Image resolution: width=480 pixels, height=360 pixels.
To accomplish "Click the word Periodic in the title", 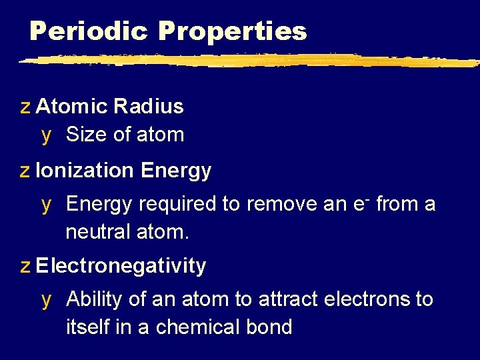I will (x=89, y=31).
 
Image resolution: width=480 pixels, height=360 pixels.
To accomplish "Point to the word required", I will (x=177, y=204).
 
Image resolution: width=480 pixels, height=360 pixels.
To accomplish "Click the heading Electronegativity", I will (x=121, y=266).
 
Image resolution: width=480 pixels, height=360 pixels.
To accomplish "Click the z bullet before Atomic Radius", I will (x=25, y=107).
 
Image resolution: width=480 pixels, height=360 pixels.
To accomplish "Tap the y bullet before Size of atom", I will (x=46, y=135).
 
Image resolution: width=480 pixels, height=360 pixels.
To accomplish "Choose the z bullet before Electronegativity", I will (x=25, y=267).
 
